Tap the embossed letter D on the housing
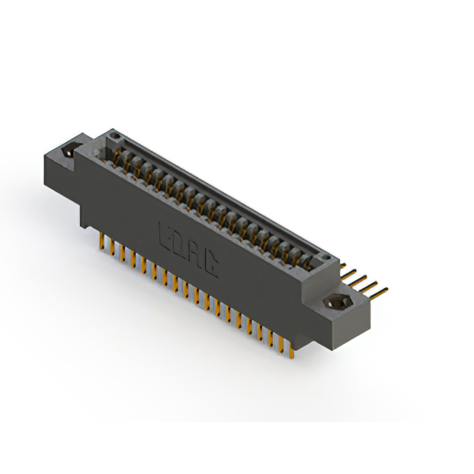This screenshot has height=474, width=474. click(181, 245)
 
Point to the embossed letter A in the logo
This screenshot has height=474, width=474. click(196, 256)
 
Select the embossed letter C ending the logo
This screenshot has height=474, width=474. click(210, 267)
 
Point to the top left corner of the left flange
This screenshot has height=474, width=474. click(44, 151)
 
